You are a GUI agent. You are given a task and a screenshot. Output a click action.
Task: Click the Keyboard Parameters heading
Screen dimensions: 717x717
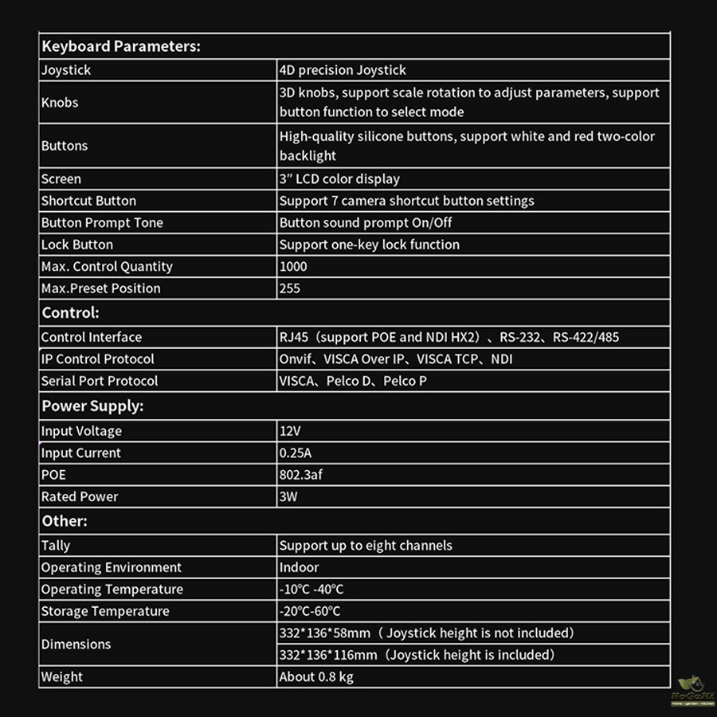[120, 46]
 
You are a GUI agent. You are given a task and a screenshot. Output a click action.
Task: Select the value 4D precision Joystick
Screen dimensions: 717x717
[343, 70]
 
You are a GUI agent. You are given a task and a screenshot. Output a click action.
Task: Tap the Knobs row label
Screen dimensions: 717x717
[60, 103]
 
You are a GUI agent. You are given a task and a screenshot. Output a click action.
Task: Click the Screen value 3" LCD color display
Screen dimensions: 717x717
[339, 179]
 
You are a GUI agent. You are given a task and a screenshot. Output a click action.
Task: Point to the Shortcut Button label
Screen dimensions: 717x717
[88, 201]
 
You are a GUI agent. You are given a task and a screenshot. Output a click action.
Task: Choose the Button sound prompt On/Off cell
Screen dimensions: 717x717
[366, 223]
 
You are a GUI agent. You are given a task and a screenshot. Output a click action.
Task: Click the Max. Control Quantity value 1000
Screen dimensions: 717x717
[293, 267]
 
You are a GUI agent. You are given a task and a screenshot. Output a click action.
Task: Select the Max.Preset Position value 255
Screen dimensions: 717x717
[290, 288]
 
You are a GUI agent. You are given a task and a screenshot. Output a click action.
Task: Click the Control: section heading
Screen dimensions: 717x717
[70, 313]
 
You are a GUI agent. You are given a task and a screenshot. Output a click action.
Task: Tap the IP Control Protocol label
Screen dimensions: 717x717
[97, 359]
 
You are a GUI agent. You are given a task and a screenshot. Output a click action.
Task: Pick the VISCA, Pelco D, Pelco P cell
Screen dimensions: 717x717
[353, 381]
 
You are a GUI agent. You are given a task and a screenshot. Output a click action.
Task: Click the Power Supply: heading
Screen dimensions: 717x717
[92, 406]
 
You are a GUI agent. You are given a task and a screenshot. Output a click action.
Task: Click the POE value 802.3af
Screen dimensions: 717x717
[301, 475]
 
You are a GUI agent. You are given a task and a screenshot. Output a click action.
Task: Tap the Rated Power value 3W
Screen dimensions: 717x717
[288, 496]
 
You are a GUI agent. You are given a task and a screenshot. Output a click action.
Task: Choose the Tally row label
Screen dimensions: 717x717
[56, 546]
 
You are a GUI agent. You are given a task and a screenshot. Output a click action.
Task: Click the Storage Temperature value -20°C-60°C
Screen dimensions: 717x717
[310, 611]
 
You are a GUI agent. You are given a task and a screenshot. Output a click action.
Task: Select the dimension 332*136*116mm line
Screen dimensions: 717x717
[417, 655]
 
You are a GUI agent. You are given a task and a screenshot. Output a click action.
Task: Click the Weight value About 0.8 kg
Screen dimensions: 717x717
[316, 677]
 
